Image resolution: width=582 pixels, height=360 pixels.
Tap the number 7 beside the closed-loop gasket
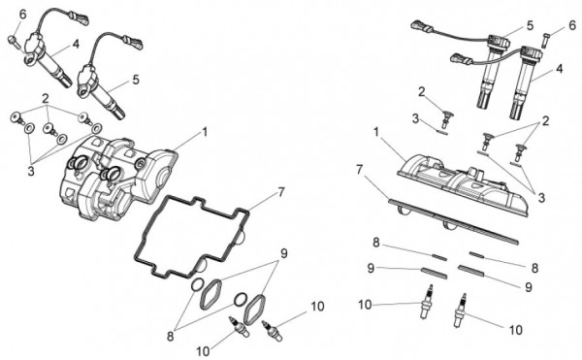tap(281, 192)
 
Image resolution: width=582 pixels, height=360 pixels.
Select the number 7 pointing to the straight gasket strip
tap(359, 170)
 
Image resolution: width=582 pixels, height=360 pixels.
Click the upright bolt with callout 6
tap(545, 40)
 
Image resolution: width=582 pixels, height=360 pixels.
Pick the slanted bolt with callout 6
tap(13, 41)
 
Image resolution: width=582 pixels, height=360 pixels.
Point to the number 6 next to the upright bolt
tap(572, 25)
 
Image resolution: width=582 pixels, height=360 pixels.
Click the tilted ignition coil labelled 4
tap(47, 55)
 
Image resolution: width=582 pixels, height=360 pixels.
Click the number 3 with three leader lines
tap(31, 171)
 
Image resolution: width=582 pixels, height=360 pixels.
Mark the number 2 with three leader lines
tap(46, 99)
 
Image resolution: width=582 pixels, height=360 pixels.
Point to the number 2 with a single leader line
tap(421, 91)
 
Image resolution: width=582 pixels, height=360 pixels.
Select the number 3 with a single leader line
tap(415, 118)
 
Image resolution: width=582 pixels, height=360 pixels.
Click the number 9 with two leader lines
tap(284, 253)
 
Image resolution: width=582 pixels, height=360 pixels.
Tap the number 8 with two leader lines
tap(171, 337)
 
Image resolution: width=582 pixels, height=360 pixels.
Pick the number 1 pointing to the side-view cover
tap(376, 133)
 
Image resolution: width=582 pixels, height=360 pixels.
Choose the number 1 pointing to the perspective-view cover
tap(204, 132)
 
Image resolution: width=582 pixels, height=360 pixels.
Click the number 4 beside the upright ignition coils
tap(560, 69)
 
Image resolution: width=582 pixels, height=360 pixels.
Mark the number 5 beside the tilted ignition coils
tap(136, 80)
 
